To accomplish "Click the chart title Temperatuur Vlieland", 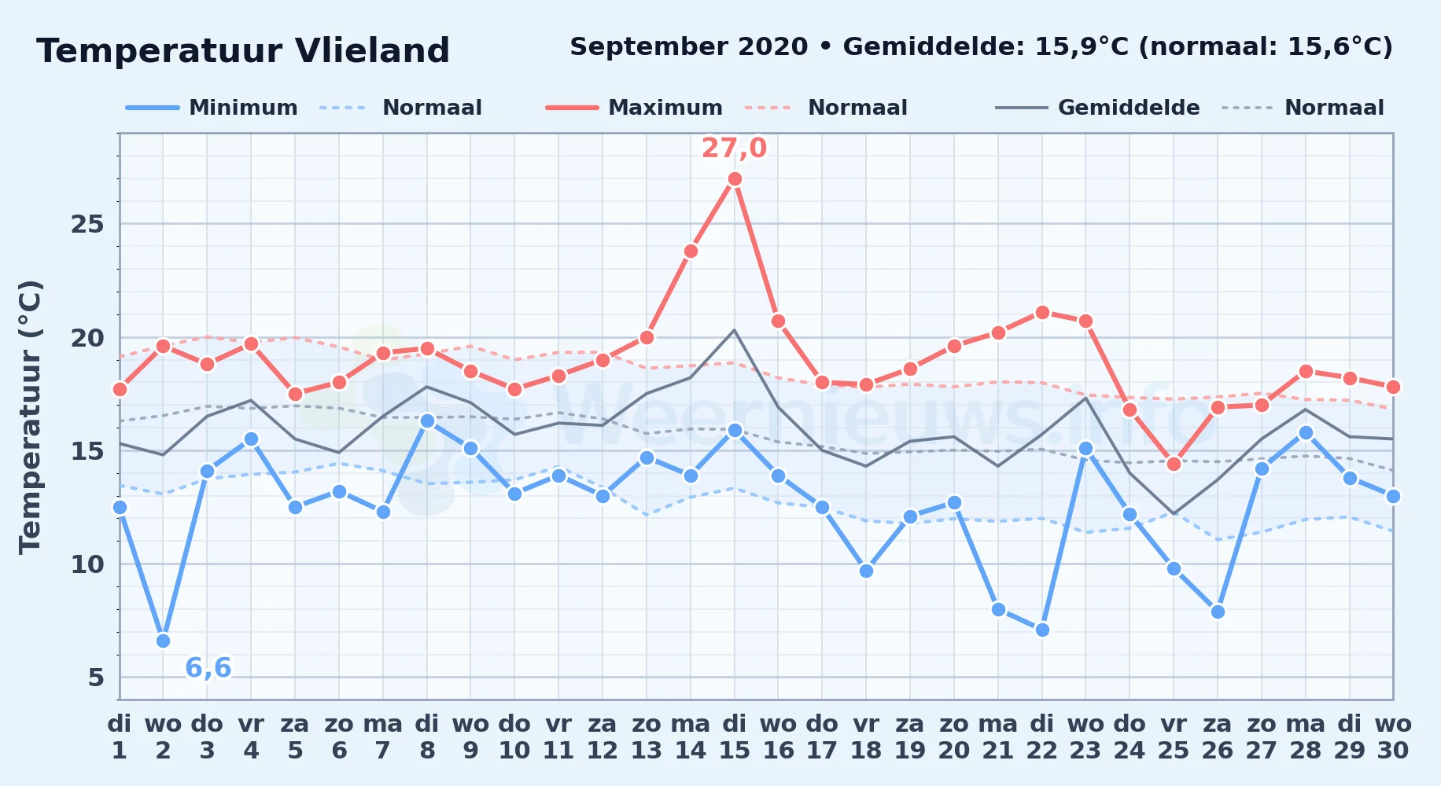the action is [x=243, y=51].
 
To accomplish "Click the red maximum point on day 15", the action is [x=735, y=179].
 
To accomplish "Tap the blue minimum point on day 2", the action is [x=163, y=641].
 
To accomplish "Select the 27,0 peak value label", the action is [x=734, y=148].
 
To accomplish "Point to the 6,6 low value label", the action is [x=208, y=668].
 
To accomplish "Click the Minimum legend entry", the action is [x=212, y=108].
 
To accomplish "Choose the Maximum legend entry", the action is [x=634, y=108].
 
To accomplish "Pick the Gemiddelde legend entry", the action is [x=1098, y=108].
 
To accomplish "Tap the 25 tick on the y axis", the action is [x=87, y=225].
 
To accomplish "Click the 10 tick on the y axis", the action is [x=87, y=564].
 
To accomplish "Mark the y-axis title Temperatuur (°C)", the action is [x=30, y=417].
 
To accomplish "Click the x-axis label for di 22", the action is [x=1041, y=737].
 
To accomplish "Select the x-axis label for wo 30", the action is [x=1393, y=737].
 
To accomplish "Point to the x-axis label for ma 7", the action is [x=383, y=737].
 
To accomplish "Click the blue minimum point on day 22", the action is [x=1042, y=630].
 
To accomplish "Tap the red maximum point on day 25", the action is [x=1174, y=464].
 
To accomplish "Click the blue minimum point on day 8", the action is [x=427, y=421].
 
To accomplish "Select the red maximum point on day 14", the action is [x=691, y=252].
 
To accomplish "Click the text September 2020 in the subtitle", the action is [x=689, y=47].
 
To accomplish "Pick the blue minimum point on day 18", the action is [x=866, y=571].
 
